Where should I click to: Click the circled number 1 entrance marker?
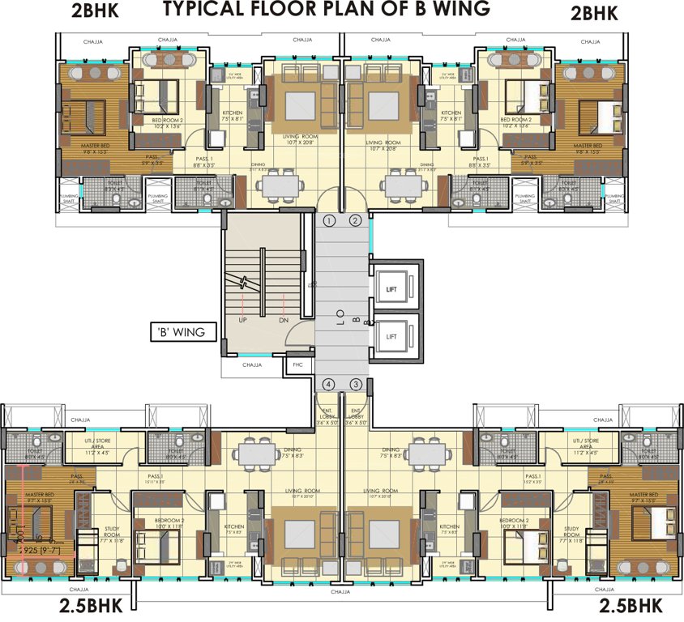[x=329, y=220]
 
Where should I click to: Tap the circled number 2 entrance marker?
[x=354, y=220]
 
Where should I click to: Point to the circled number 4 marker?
[x=329, y=384]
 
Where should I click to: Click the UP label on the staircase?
[x=243, y=320]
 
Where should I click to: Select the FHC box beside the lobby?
[x=293, y=366]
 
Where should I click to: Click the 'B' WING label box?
[x=182, y=331]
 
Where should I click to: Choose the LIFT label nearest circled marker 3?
[x=391, y=335]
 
